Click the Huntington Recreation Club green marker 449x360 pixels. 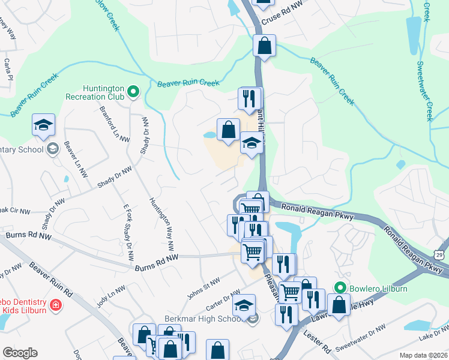click(x=133, y=92)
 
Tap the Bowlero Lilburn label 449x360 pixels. click(x=378, y=289)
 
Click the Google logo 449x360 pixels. click(x=20, y=353)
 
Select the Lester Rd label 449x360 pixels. click(x=316, y=341)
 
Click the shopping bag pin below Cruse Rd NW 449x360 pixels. click(x=264, y=44)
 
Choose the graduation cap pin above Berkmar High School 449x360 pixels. click(x=244, y=305)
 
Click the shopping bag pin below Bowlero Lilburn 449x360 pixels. click(x=339, y=304)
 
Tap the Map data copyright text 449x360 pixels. click(x=423, y=355)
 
